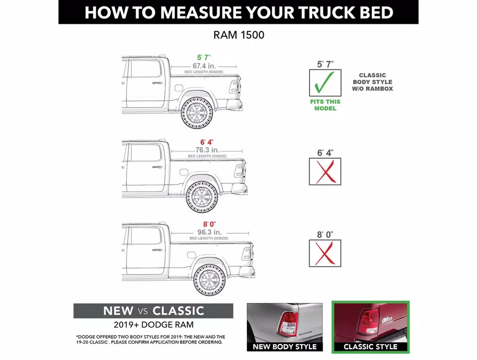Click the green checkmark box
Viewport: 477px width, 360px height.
pyautogui.click(x=325, y=82)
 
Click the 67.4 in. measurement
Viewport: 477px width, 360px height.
pyautogui.click(x=204, y=66)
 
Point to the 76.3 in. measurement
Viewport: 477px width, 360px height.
pyautogui.click(x=207, y=150)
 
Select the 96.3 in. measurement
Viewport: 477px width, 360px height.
pyautogui.click(x=209, y=232)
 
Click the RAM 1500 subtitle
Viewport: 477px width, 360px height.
pyautogui.click(x=238, y=36)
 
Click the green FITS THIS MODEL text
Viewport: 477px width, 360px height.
pyautogui.click(x=325, y=105)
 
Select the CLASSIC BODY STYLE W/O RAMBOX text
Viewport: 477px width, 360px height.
pyautogui.click(x=373, y=82)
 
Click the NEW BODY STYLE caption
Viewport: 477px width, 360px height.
pyautogui.click(x=285, y=347)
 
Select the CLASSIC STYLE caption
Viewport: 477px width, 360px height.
pyautogui.click(x=370, y=347)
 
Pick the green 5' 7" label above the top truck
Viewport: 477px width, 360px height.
pyautogui.click(x=204, y=58)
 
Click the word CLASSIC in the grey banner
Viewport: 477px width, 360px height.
pyautogui.click(x=178, y=311)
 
